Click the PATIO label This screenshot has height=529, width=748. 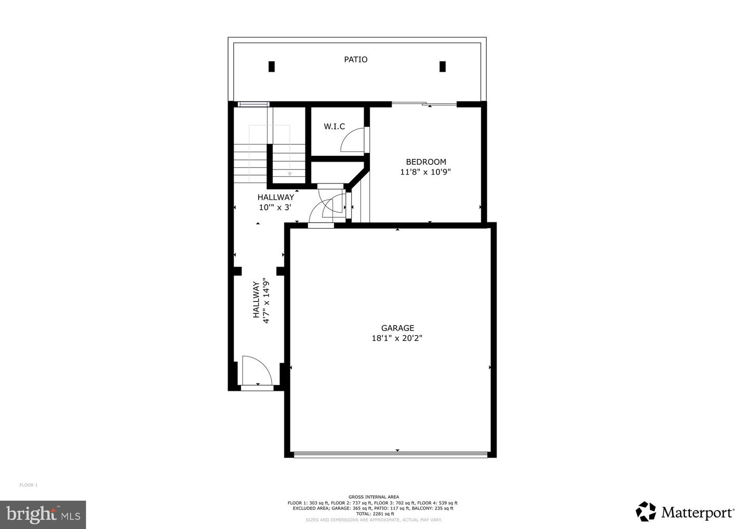pyautogui.click(x=355, y=60)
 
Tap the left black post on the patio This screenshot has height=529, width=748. pyautogui.click(x=271, y=67)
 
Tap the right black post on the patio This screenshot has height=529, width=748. pyautogui.click(x=443, y=67)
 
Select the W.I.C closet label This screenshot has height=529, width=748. pyautogui.click(x=334, y=126)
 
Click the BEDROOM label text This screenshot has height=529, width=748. pyautogui.click(x=425, y=162)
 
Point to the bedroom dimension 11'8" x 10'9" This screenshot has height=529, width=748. pyautogui.click(x=425, y=172)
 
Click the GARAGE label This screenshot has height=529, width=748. pyautogui.click(x=397, y=328)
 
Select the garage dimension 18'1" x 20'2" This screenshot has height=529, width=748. pyautogui.click(x=397, y=338)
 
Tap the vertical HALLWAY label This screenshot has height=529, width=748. pyautogui.click(x=256, y=300)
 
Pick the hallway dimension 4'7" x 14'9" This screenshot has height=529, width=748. pyautogui.click(x=267, y=302)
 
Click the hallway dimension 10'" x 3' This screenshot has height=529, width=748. pyautogui.click(x=275, y=207)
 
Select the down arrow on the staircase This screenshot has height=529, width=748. pyautogui.click(x=289, y=174)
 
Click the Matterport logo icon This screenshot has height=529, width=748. pyautogui.click(x=646, y=511)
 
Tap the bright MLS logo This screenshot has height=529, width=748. pyautogui.click(x=43, y=514)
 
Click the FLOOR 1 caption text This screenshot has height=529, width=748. pyautogui.click(x=29, y=485)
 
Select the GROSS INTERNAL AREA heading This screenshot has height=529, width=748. pyautogui.click(x=373, y=497)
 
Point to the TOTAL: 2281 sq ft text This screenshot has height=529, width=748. pyautogui.click(x=373, y=514)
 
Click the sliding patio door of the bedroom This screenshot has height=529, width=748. pyautogui.click(x=424, y=104)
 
